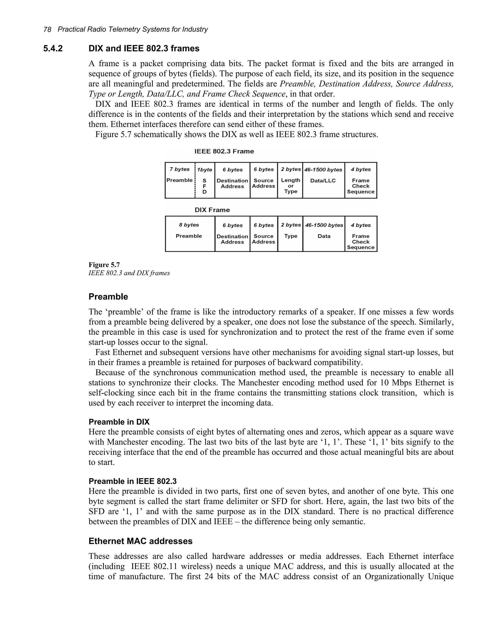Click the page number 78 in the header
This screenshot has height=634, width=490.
pos(47,29)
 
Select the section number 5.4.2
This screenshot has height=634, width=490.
pos(53,49)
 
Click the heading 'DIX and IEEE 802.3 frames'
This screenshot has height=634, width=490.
pos(144,49)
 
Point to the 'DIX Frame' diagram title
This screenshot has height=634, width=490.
pos(212,210)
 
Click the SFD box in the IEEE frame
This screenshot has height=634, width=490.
pos(205,181)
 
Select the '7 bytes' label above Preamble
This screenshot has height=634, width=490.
pos(179,169)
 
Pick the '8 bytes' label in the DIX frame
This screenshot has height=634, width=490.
pos(189,225)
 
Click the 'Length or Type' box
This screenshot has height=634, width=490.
pos(290,181)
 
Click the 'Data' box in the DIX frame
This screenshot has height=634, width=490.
pos(324,234)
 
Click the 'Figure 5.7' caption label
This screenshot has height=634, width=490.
pos(104,265)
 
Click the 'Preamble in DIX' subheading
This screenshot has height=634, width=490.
pos(119,422)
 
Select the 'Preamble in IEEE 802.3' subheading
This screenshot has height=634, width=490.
pos(132,481)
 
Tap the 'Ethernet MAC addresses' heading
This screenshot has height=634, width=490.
pos(140,541)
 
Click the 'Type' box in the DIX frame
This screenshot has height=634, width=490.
pos(290,234)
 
